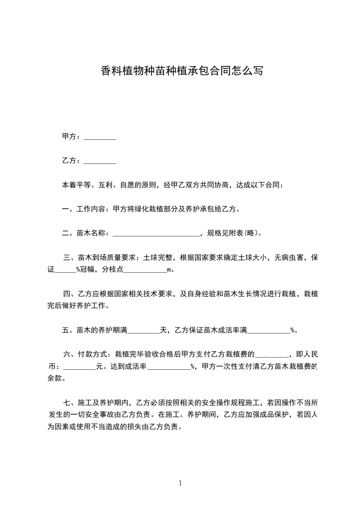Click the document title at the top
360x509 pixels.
pos(181,71)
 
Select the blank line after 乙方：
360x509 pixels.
pos(100,161)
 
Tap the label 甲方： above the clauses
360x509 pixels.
pos(72,137)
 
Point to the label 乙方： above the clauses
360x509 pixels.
pos(72,161)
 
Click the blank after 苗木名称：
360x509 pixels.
pos(155,234)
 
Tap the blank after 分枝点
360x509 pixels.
pos(145,270)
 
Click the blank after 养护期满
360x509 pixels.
pos(143,330)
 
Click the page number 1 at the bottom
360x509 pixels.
pos(180,483)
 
